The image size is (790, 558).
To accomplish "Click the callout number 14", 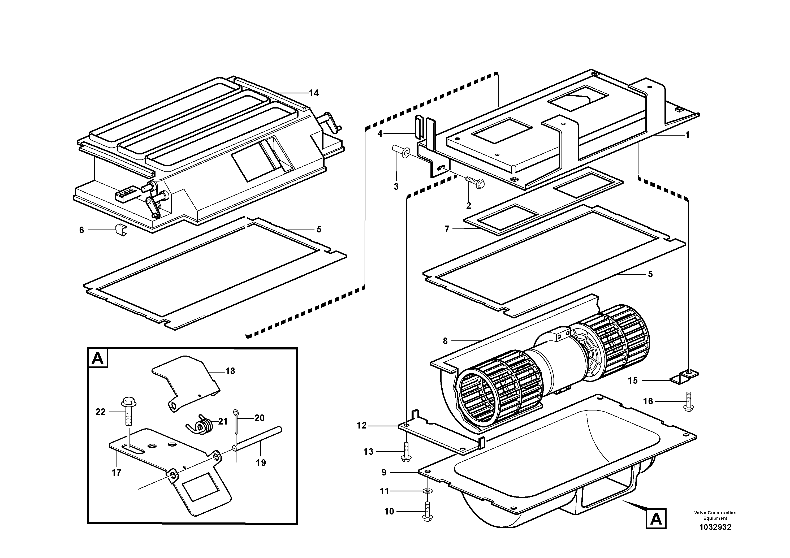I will [314, 93].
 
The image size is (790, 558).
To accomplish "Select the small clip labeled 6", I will [120, 230].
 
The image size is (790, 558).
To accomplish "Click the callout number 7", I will [447, 229].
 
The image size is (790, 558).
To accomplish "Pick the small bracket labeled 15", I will [684, 377].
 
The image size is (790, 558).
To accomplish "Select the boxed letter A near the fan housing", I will [656, 519].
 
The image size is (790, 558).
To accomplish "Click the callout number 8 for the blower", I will [445, 341].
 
